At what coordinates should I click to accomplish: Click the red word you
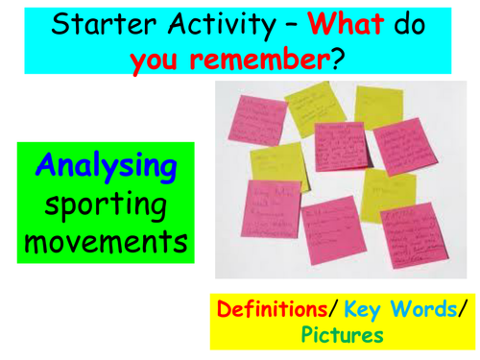(x=158, y=60)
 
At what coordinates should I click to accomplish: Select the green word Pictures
(x=343, y=335)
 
